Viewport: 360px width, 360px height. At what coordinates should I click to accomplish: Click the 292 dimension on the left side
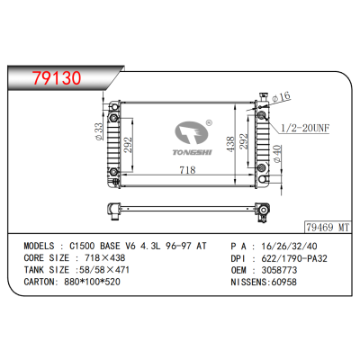click(130, 144)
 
